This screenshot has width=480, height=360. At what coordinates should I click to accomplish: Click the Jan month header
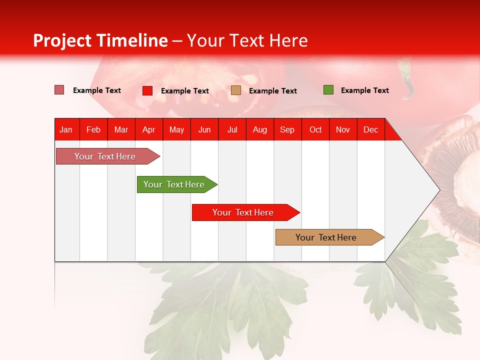[x=66, y=129]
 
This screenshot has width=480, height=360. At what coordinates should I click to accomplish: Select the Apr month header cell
[x=148, y=129]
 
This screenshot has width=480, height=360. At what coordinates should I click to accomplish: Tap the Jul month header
[x=232, y=129]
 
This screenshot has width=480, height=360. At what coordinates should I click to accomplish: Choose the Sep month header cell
[x=287, y=129]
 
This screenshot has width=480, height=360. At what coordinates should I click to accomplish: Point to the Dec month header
[x=370, y=129]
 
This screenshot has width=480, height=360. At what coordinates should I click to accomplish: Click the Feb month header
[x=93, y=129]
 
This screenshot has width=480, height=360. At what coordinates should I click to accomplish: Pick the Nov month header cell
[x=342, y=129]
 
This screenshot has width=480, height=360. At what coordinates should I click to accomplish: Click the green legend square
[x=328, y=90]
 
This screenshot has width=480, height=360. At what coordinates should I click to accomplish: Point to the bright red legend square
[x=147, y=90]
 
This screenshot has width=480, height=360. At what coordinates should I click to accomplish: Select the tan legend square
[x=236, y=90]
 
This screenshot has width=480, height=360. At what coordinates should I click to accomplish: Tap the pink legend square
[x=59, y=90]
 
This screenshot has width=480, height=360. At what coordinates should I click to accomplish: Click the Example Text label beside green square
[x=364, y=90]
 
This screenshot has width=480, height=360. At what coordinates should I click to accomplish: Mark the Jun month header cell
[x=204, y=129]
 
